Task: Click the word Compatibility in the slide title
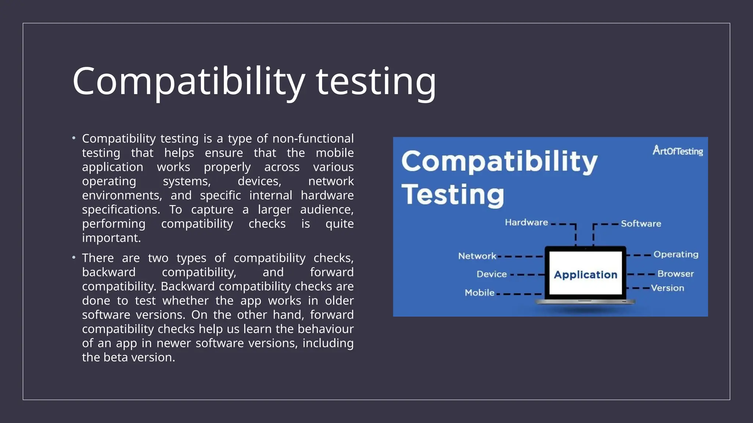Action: [189, 82]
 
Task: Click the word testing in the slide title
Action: [376, 82]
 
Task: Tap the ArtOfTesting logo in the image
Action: [677, 151]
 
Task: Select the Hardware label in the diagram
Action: [526, 223]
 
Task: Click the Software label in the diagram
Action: [641, 224]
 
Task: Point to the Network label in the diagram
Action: [477, 256]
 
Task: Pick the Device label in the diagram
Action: [492, 274]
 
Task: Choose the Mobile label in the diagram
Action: [479, 293]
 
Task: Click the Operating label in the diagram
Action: [676, 254]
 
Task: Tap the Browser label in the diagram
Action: [675, 274]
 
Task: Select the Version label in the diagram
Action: [667, 288]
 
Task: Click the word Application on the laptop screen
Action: [585, 275]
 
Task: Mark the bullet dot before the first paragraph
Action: [74, 138]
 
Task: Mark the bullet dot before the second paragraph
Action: [74, 258]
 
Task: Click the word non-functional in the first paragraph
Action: [313, 139]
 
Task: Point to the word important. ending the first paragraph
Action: [111, 238]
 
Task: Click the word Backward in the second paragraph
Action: [188, 286]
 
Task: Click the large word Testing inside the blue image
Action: [453, 195]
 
